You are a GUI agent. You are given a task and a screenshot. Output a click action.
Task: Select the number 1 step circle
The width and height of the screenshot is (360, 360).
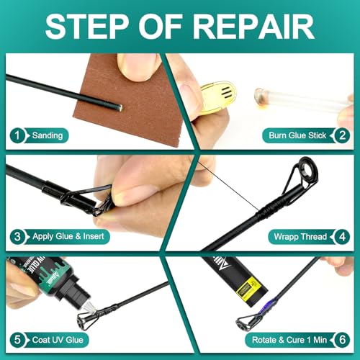[17, 135]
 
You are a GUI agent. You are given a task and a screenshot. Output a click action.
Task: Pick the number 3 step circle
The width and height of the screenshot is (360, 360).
[17, 235]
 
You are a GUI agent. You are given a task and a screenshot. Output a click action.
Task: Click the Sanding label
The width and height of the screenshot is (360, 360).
[48, 135]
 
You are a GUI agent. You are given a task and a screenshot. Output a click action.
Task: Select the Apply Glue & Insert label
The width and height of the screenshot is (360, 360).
[69, 235]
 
